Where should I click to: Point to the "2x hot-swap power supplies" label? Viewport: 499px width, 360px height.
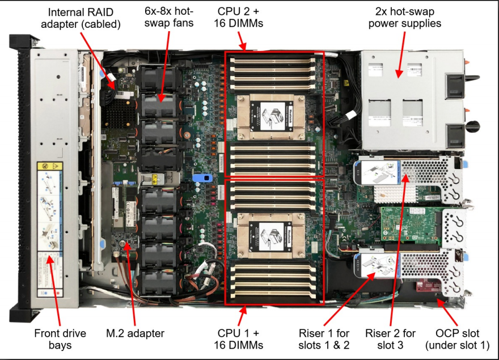click(x=408, y=18)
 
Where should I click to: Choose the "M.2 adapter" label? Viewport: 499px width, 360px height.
click(x=136, y=333)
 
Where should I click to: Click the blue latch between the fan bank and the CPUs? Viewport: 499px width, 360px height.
click(x=198, y=177)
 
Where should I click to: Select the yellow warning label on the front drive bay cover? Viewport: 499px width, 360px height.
click(x=50, y=167)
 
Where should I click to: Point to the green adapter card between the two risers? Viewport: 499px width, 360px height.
click(x=408, y=227)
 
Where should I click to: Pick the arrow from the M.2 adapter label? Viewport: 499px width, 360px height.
click(x=132, y=283)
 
